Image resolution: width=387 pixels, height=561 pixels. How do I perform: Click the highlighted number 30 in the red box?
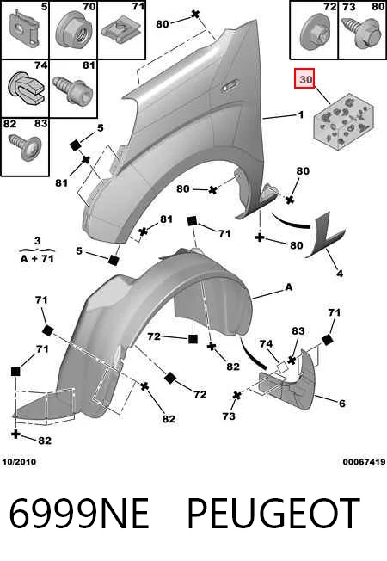coord(305,78)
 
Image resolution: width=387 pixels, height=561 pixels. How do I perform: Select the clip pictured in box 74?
coord(25,89)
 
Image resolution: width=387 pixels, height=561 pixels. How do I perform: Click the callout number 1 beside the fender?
coord(300,114)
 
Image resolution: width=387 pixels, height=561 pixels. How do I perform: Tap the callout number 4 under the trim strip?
coord(340,274)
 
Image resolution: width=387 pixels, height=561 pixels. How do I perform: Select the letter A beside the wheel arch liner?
coord(289,287)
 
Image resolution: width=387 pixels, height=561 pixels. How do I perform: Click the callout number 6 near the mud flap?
coord(342,404)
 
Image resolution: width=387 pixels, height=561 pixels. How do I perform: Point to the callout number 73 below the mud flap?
coord(229,416)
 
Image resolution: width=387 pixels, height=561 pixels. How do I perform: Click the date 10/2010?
coord(19,462)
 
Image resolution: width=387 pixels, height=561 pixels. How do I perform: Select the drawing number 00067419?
coord(364,462)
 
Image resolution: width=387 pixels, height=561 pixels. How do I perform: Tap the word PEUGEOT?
coord(273,514)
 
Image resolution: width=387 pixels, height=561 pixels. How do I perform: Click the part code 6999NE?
coord(78,514)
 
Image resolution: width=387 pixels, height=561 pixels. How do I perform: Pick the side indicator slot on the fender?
coord(230,86)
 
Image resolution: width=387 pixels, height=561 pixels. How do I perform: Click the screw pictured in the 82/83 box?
coord(25,147)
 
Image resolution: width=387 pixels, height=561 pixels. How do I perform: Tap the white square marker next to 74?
coord(282,367)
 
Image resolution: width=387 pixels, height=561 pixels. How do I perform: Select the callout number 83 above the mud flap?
coord(298,331)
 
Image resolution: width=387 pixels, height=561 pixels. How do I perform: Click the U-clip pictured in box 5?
coord(24,29)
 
